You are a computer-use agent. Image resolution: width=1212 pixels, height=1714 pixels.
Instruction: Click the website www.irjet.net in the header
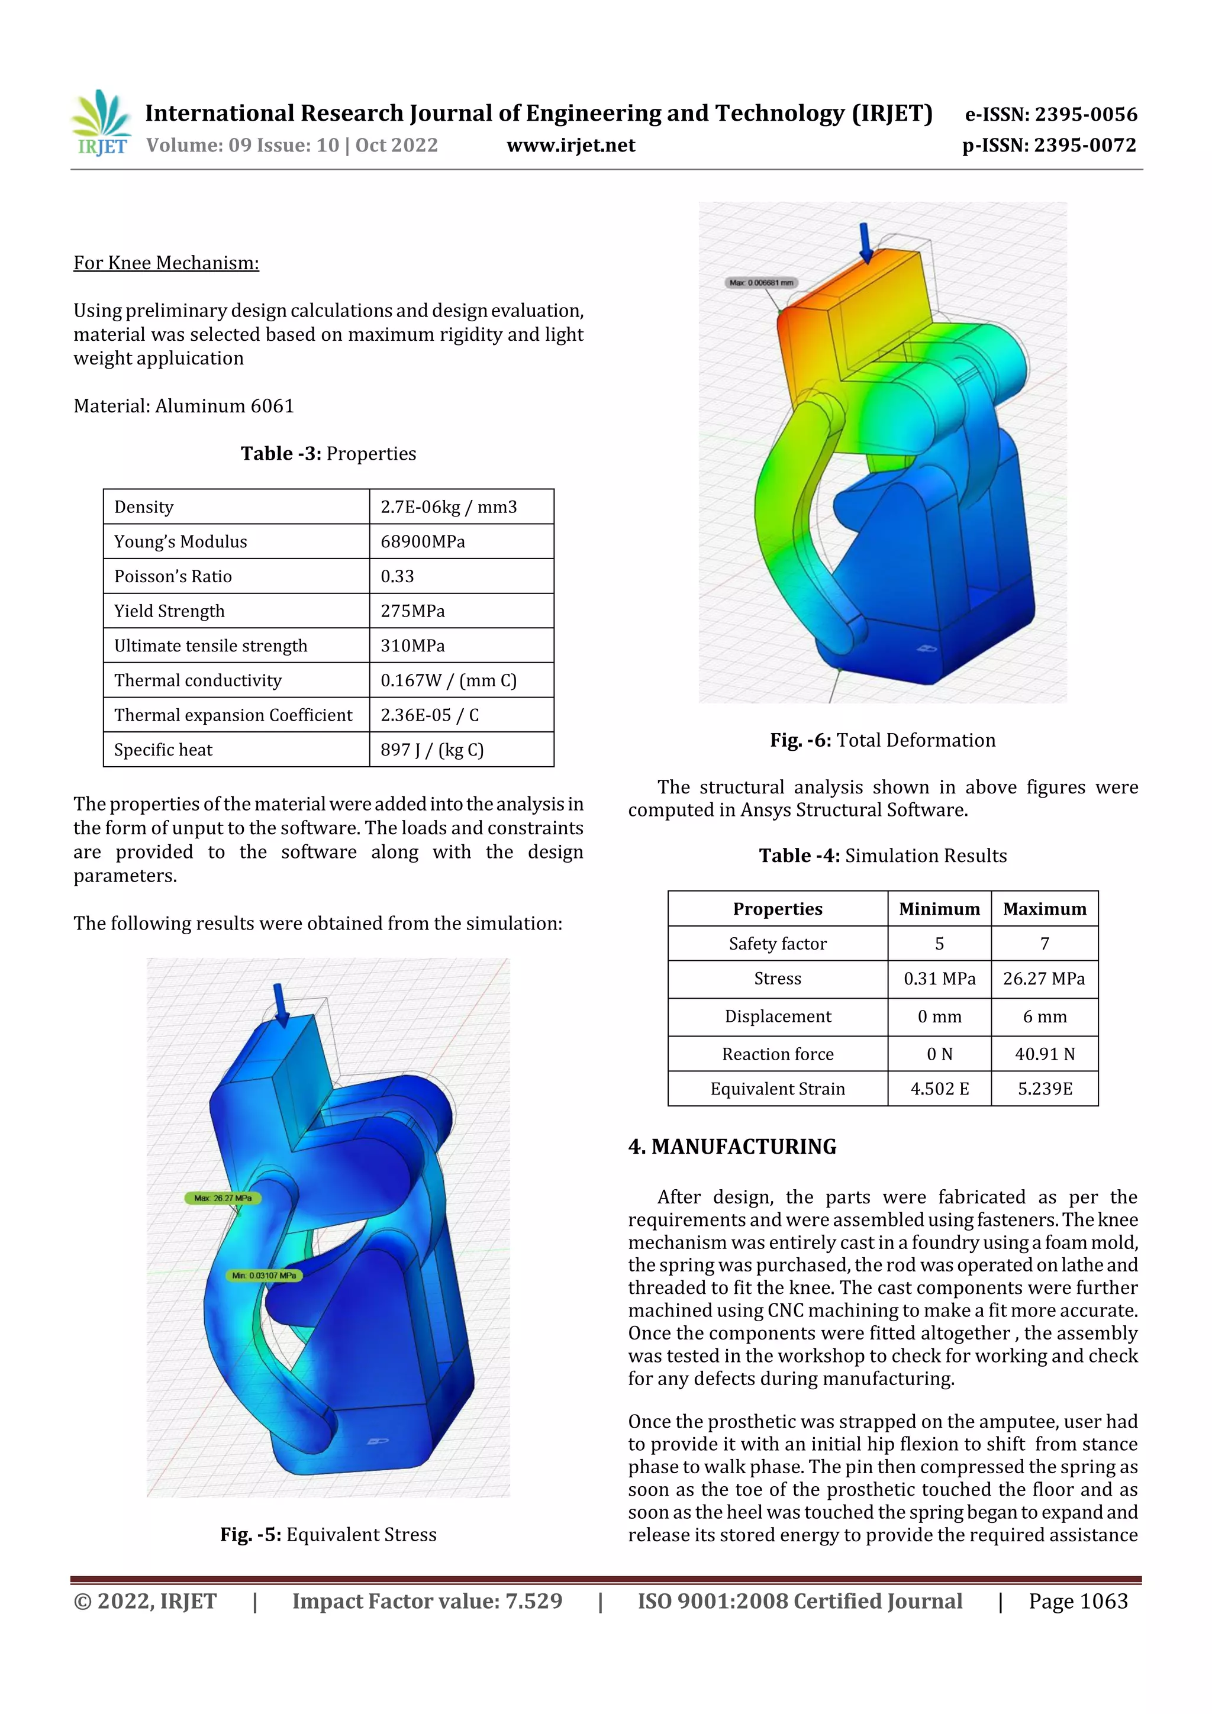[x=570, y=145]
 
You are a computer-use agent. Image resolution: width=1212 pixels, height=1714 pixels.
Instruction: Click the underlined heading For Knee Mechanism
[x=166, y=263]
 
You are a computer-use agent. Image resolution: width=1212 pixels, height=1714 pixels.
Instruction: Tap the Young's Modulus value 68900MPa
[x=423, y=541]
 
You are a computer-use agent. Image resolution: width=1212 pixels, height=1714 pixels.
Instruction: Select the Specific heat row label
[x=163, y=750]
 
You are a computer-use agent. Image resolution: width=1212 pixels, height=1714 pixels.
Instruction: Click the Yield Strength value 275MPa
[x=412, y=611]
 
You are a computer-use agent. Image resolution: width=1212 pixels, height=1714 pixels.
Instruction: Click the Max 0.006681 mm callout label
[x=761, y=283]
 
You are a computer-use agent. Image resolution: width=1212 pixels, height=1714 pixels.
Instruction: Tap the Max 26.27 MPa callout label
[x=223, y=1198]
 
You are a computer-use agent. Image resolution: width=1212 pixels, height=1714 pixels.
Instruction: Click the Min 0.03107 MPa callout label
[x=263, y=1276]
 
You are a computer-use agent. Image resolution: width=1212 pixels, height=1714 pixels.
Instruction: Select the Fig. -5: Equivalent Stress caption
[x=328, y=1534]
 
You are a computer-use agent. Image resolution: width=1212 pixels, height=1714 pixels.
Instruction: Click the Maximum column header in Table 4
[x=1044, y=909]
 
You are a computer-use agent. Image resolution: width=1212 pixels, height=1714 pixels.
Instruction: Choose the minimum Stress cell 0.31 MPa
[x=939, y=978]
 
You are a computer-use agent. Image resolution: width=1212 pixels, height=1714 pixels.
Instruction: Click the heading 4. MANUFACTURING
[x=732, y=1147]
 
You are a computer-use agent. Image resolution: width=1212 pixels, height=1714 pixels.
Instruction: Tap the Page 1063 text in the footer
[x=1078, y=1600]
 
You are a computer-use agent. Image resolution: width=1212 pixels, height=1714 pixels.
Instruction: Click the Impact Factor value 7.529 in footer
[x=533, y=1600]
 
